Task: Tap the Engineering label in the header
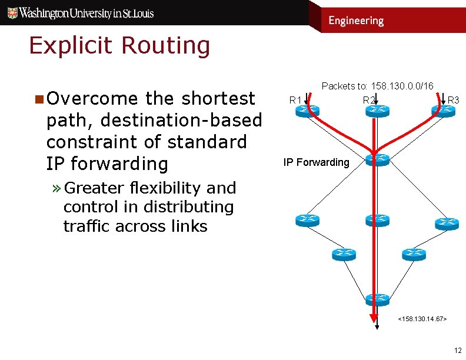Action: [x=356, y=21]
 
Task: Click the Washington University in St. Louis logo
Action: [x=79, y=12]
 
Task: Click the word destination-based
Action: [x=181, y=120]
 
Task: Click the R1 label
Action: [x=295, y=100]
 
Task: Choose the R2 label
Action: [x=368, y=100]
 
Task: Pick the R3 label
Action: [x=453, y=100]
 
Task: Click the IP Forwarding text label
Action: [x=316, y=162]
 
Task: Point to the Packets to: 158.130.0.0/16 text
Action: [x=377, y=86]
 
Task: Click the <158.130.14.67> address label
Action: [x=422, y=318]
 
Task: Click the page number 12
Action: [x=457, y=350]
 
